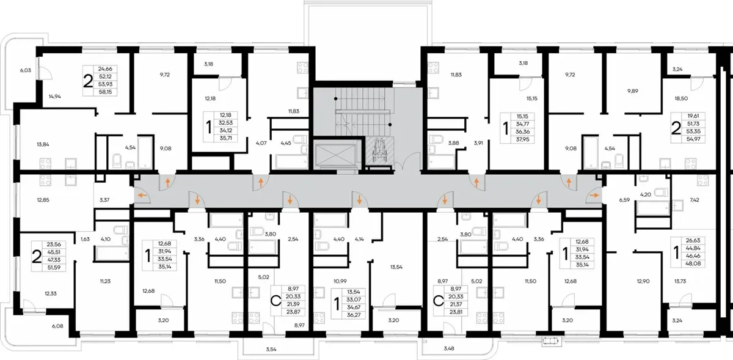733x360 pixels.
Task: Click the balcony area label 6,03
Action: [26, 70]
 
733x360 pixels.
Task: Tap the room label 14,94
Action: [54, 97]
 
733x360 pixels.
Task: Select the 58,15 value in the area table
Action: [105, 92]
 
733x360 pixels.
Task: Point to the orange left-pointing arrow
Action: [142, 196]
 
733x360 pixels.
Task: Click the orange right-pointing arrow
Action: [594, 196]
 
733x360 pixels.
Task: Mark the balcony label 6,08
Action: [57, 326]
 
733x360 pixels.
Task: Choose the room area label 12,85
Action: [43, 200]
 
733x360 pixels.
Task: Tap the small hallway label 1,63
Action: [85, 239]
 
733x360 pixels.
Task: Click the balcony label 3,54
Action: [271, 349]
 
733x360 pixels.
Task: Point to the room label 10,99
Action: [340, 281]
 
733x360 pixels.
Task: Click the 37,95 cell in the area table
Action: [523, 139]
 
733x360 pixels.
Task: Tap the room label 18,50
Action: [681, 98]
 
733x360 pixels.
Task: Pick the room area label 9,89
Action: [633, 91]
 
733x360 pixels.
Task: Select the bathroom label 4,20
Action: [646, 194]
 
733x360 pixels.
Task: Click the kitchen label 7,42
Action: [694, 200]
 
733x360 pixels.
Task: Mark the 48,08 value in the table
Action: [693, 263]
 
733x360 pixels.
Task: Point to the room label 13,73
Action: [680, 281]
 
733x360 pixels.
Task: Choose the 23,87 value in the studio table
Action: [293, 312]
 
